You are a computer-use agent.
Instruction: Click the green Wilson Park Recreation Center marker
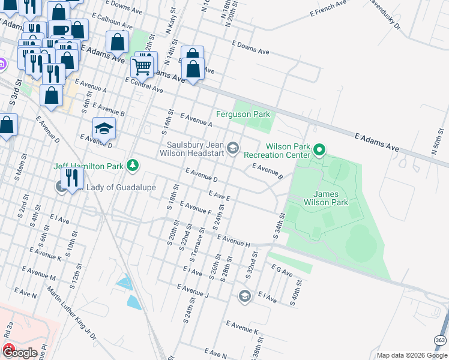(x=319, y=149)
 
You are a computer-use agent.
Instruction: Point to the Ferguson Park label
(x=243, y=114)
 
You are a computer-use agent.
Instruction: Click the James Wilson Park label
(x=331, y=199)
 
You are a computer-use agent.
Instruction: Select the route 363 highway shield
(x=442, y=340)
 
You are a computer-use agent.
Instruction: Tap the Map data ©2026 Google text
(x=412, y=355)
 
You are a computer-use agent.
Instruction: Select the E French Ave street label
(x=328, y=8)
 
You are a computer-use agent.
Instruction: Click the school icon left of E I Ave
(x=244, y=296)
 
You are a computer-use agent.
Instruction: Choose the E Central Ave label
(x=143, y=85)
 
